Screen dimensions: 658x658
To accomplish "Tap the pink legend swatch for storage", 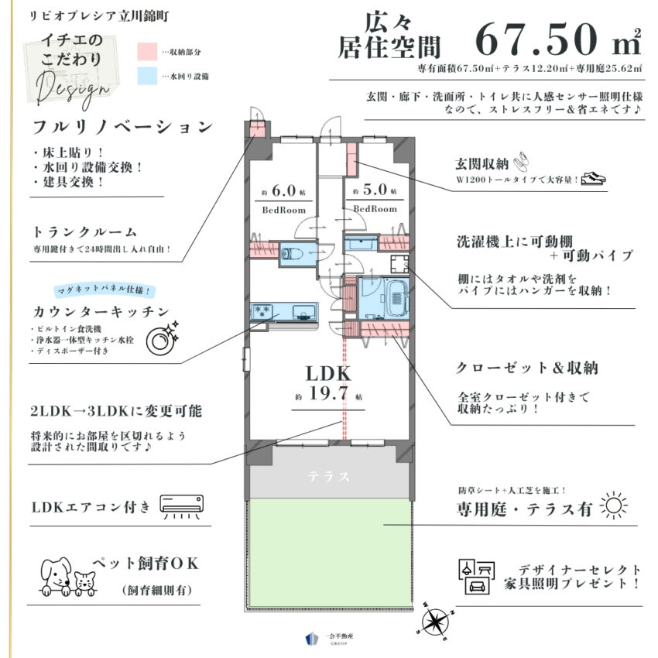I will pos(147,52).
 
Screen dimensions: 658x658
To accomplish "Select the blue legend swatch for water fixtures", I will pos(147,76).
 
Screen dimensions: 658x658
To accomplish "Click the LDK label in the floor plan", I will pos(328,373).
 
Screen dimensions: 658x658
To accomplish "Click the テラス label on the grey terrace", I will pos(328,476).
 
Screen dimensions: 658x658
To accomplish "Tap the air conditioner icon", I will pos(183,506).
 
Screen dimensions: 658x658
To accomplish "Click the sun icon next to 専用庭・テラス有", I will pos(616,506).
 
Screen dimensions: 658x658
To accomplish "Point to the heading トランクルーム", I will pos(86,231).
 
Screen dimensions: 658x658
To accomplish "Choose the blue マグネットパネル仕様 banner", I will pos(105,292).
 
